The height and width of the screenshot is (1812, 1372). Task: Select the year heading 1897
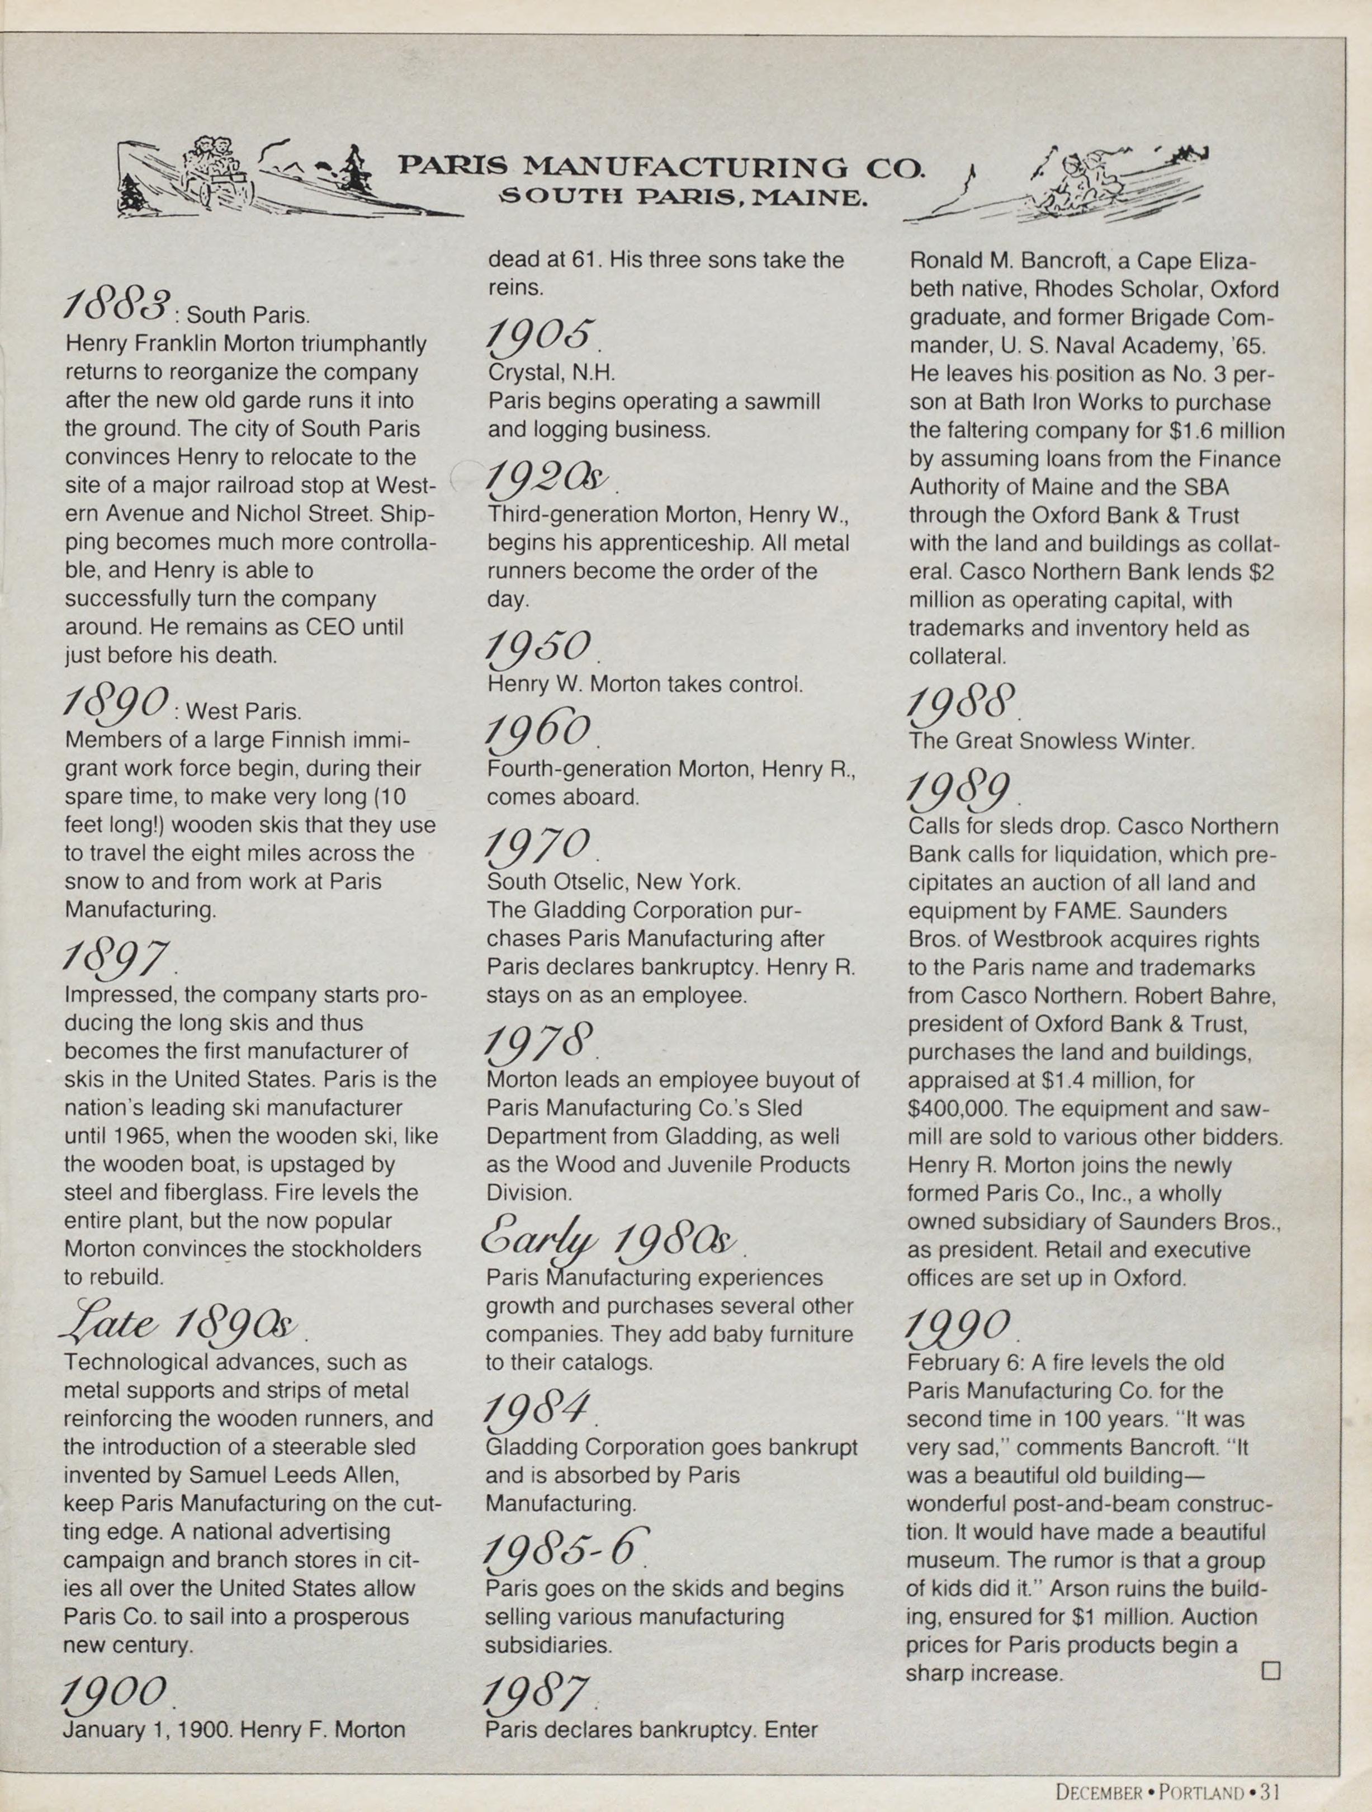click(116, 957)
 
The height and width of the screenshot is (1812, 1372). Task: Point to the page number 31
click(1270, 1792)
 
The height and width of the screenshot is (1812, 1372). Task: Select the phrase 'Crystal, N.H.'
click(551, 372)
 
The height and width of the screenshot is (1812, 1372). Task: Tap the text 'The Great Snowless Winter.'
click(1051, 742)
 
